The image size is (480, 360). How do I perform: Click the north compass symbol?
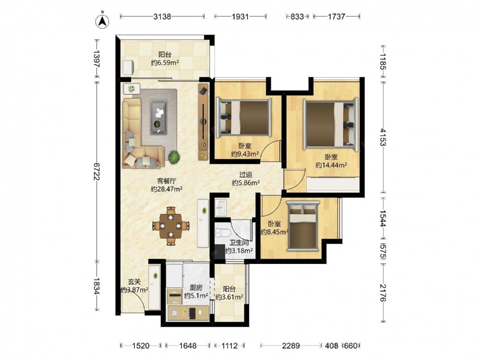[x=103, y=21]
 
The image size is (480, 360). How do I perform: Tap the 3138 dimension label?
[x=162, y=16]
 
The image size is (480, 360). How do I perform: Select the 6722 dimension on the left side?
[x=97, y=171]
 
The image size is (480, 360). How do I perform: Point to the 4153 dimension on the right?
[x=383, y=137]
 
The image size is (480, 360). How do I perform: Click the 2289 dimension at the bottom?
[x=291, y=346]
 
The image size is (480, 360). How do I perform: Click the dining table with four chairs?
[x=171, y=226]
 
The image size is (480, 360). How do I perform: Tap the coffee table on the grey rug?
[x=158, y=117]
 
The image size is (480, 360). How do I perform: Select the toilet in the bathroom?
[x=222, y=233]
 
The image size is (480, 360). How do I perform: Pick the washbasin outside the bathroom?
[x=220, y=207]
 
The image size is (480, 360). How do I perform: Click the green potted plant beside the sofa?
[x=174, y=157]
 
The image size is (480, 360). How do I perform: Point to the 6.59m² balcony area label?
[x=165, y=63]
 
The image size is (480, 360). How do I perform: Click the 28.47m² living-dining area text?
[x=167, y=189]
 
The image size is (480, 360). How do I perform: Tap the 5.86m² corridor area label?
[x=246, y=183]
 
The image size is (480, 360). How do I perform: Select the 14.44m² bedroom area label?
[x=331, y=165]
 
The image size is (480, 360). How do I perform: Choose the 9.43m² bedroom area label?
[x=245, y=154]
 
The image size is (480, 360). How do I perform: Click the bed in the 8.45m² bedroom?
[x=303, y=226]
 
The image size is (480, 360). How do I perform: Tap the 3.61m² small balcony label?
[x=229, y=297]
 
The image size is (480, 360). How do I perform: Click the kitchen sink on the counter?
[x=175, y=313]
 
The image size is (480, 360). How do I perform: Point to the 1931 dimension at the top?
[x=240, y=16]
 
